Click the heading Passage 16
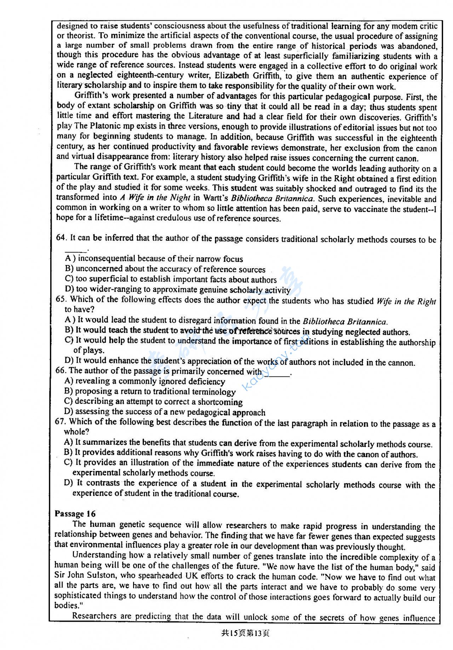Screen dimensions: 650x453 75,514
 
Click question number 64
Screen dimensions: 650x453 61,237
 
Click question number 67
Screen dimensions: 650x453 60,421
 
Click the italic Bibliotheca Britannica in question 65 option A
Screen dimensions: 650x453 344,322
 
